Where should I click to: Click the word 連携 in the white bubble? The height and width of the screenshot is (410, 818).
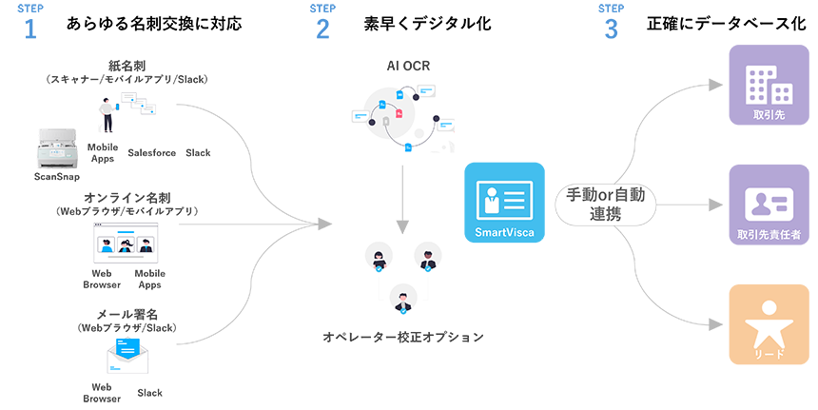[605, 214]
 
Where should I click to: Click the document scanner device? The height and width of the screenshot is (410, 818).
[60, 150]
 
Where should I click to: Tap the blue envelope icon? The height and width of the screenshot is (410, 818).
[127, 351]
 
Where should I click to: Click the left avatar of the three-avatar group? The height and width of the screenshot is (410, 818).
[380, 259]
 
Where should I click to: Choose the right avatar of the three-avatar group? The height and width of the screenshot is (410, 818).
[427, 258]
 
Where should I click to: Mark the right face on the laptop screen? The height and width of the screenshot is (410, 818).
[144, 244]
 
